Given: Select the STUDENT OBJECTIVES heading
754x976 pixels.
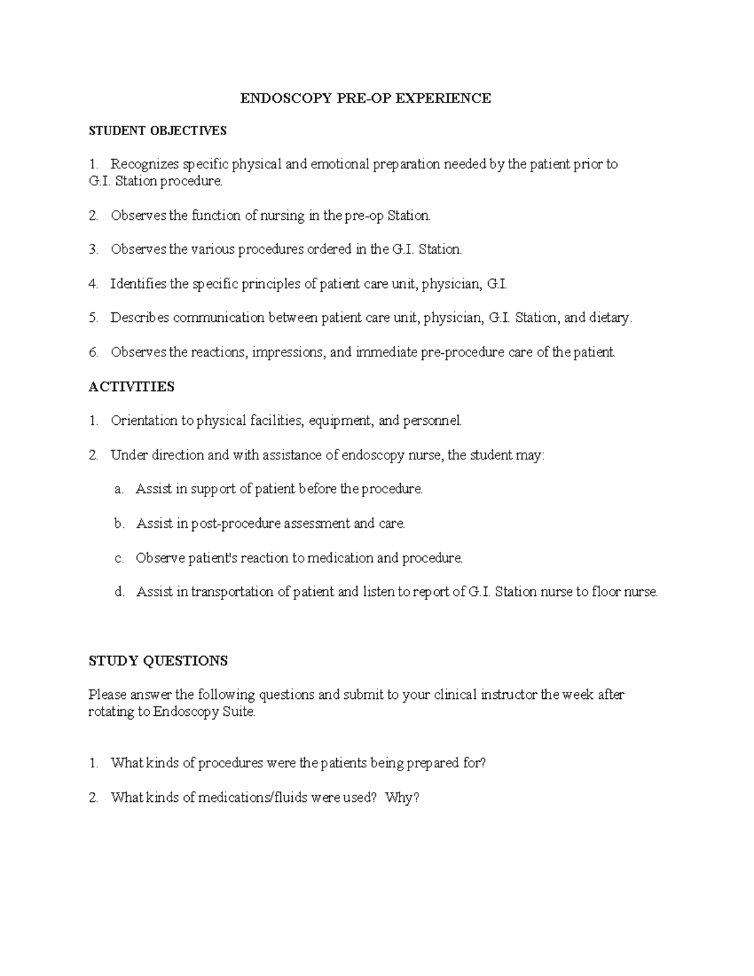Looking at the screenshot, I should (x=158, y=131).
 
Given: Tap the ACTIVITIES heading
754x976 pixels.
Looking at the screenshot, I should (x=131, y=387).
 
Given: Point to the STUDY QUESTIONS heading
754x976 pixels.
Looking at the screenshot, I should (x=158, y=661).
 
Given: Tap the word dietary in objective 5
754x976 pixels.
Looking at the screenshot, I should (x=609, y=318).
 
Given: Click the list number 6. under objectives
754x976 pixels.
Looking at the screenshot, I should (x=94, y=352).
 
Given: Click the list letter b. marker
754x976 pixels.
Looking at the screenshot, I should (x=119, y=524).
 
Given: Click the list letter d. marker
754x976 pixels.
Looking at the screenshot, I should (x=119, y=592).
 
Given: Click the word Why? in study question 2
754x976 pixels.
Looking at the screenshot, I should (x=402, y=798).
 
